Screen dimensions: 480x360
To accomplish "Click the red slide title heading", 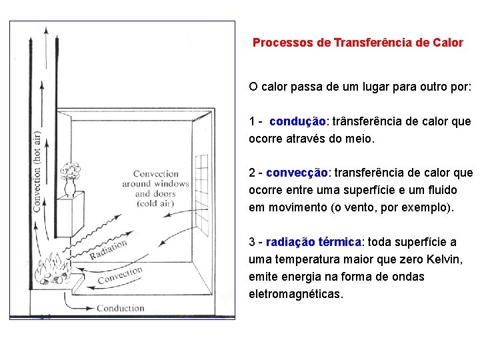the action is (x=357, y=43).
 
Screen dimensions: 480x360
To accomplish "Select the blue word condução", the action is (x=297, y=121).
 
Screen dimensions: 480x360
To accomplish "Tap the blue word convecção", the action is (x=297, y=173).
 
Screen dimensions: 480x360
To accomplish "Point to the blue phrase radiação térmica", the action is (x=313, y=242).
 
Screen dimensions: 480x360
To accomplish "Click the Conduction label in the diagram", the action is (x=120, y=308).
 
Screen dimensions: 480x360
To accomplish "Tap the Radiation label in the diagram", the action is (x=108, y=249).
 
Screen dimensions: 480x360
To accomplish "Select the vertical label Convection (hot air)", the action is (x=37, y=172).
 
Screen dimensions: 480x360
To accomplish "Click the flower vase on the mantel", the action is (x=71, y=180).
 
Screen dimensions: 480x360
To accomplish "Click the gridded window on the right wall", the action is (x=202, y=194).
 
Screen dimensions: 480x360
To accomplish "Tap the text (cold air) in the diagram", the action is (x=155, y=203).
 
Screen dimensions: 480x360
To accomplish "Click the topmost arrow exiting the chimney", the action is (x=46, y=47).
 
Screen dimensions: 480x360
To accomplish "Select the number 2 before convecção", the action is (x=252, y=173).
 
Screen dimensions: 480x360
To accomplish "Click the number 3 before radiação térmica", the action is (x=252, y=242).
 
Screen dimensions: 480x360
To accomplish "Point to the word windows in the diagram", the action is (x=172, y=184).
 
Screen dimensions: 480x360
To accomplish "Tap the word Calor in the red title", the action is (x=448, y=43).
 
